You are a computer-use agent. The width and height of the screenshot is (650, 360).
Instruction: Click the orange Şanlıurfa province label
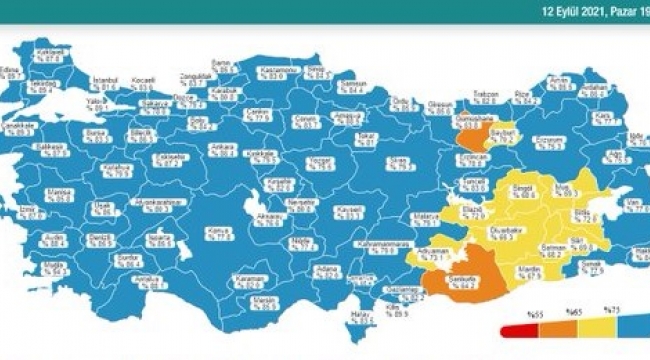[463, 283]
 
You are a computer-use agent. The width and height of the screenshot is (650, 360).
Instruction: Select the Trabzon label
[485, 96]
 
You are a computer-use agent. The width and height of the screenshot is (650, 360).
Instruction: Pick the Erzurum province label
[551, 141]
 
